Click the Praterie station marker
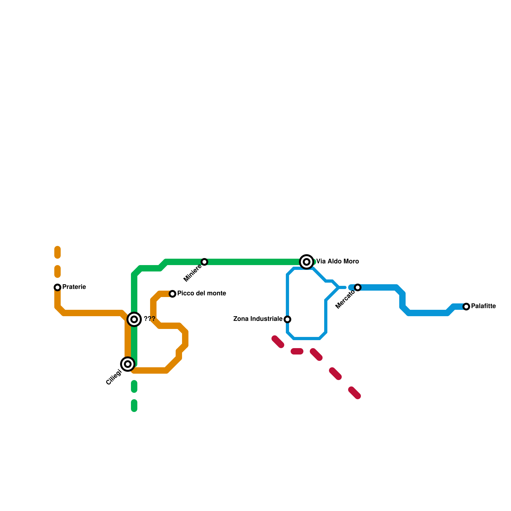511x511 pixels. [57, 287]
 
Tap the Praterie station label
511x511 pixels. [74, 287]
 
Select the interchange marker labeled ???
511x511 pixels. [134, 319]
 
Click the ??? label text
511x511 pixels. [149, 319]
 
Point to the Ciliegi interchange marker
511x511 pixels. [128, 364]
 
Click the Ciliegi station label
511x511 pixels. [114, 377]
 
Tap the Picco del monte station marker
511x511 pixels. [172, 294]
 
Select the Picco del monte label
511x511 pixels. [202, 294]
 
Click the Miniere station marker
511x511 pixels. [204, 262]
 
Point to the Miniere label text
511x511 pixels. [193, 274]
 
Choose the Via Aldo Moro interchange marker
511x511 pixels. [307, 262]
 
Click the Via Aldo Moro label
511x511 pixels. [338, 262]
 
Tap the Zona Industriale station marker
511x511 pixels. [287, 319]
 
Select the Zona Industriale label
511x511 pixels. [258, 319]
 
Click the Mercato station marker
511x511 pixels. [358, 287]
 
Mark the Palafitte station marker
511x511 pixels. [466, 307]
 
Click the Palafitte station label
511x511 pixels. [483, 306]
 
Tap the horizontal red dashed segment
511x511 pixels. [297, 351]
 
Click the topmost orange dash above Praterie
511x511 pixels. [57, 252]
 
